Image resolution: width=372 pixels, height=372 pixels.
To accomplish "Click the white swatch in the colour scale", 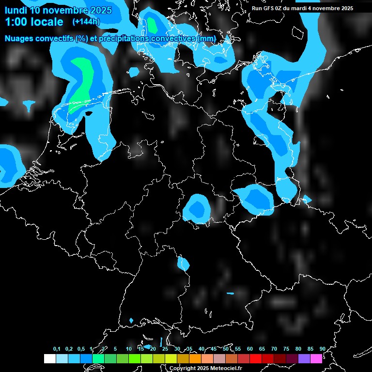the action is [49, 358].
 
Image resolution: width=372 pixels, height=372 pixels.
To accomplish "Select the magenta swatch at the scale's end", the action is [316, 358].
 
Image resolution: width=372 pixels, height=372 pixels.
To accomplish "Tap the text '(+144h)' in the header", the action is [86, 21].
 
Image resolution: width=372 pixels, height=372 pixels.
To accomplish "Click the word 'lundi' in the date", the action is [16, 10].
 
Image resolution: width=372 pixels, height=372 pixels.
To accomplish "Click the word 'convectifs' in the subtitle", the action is [56, 38].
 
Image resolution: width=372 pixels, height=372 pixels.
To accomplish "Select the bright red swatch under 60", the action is [256, 358].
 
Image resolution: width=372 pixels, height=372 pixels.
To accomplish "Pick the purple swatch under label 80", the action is [304, 358].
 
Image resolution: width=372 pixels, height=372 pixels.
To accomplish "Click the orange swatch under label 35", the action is [195, 358].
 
